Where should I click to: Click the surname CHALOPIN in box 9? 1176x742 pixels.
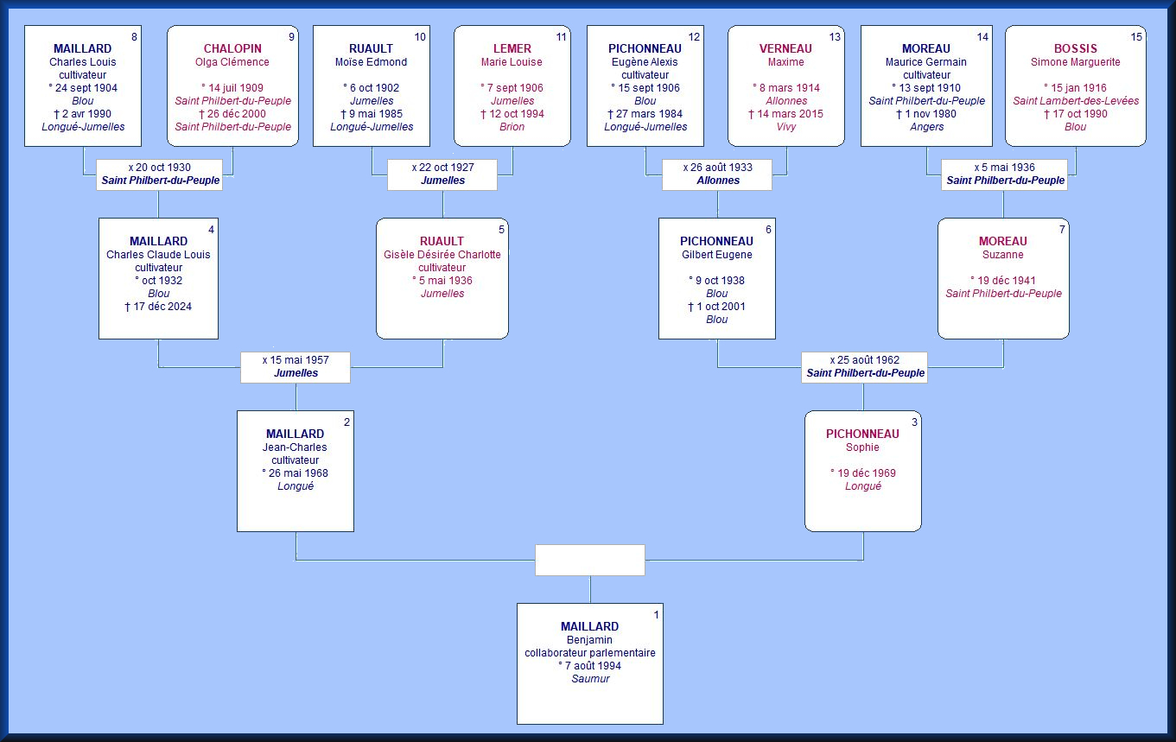[x=232, y=48]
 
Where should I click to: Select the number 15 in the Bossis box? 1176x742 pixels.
[x=1136, y=37]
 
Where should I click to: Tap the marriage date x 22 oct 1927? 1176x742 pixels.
[x=442, y=168]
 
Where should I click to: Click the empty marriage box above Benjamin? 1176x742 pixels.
[x=589, y=560]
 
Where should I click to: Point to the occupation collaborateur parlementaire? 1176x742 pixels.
[x=590, y=653]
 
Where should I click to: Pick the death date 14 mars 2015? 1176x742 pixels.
[x=786, y=114]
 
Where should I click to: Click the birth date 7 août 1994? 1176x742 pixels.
[x=590, y=666]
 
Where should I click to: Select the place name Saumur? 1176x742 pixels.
[x=591, y=679]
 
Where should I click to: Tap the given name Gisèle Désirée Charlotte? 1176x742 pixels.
[x=442, y=255]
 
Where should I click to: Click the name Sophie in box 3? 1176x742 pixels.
[x=862, y=447]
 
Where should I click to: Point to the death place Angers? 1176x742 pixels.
[x=926, y=127]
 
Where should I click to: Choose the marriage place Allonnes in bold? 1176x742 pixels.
[x=718, y=181]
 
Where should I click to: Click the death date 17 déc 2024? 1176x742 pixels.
[x=158, y=307]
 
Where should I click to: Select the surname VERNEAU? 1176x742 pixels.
[x=785, y=48]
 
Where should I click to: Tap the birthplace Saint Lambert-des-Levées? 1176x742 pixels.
[x=1076, y=101]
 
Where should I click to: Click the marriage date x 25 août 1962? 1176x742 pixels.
[x=864, y=360]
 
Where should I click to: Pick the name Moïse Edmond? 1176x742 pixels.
[x=372, y=62]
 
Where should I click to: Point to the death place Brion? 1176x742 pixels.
[x=512, y=127]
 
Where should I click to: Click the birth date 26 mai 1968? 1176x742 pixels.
[x=295, y=473]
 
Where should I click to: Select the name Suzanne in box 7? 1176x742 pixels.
[x=1002, y=255]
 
